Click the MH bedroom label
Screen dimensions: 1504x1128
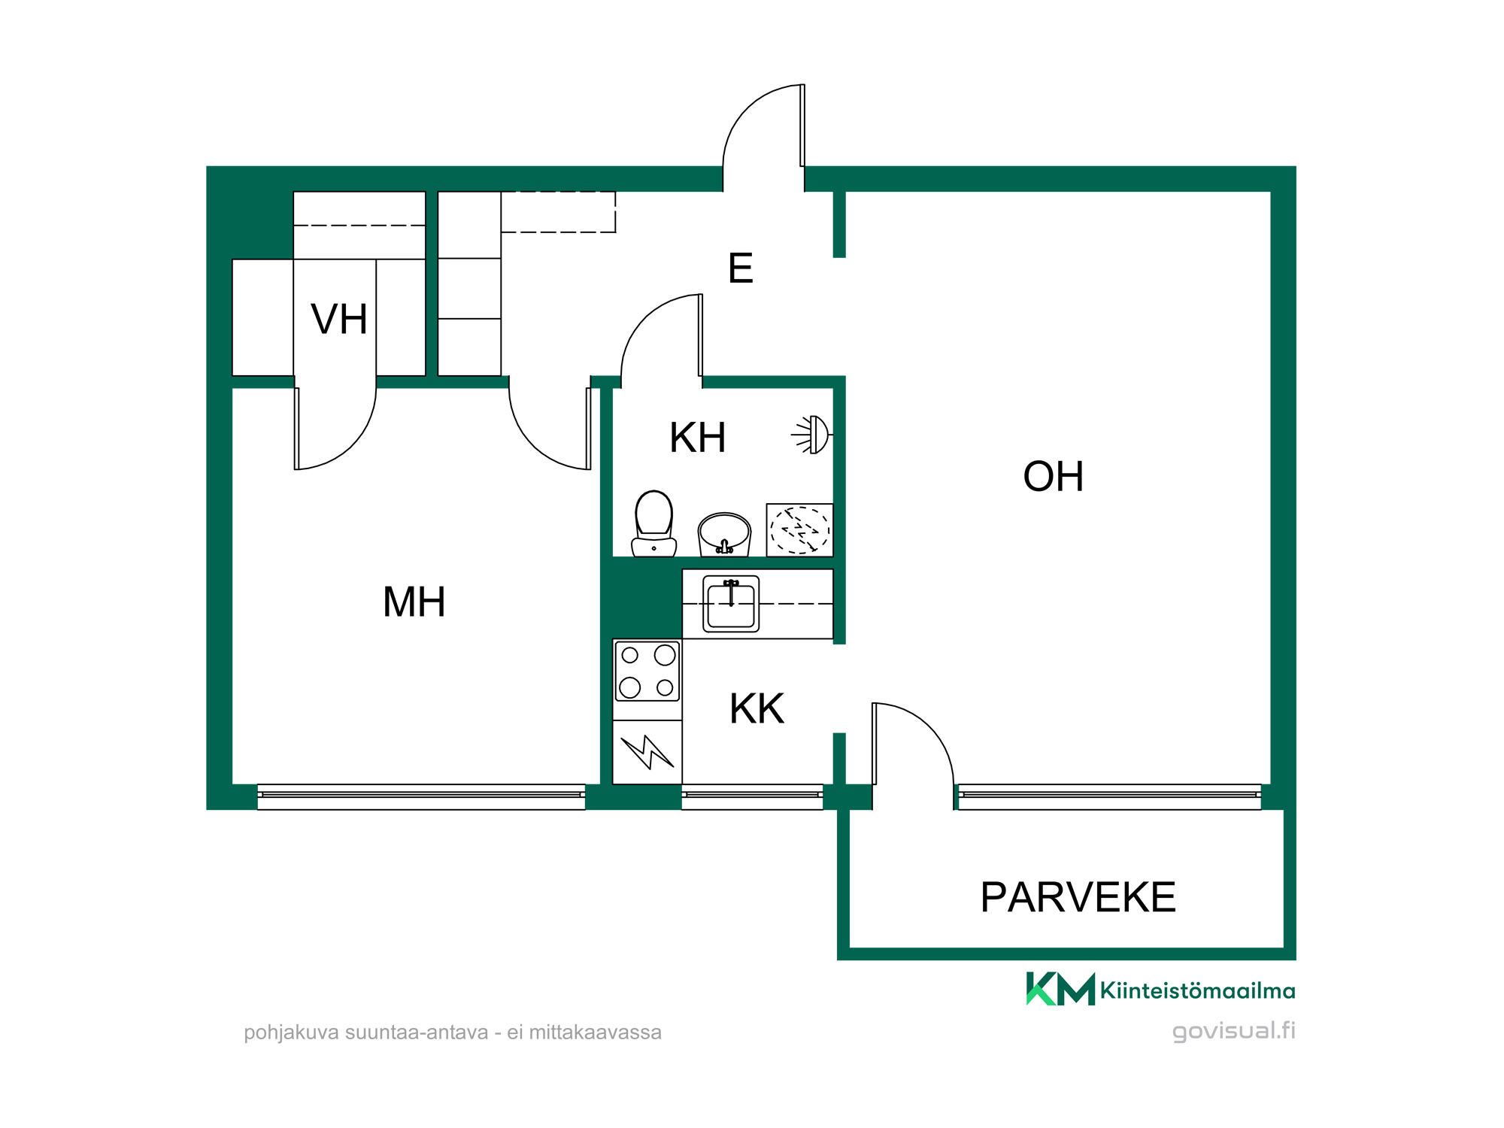(414, 602)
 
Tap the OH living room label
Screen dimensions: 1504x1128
(1054, 477)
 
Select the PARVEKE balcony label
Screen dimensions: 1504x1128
(1078, 897)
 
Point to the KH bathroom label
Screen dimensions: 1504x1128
(698, 438)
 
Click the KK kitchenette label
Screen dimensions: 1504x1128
(757, 709)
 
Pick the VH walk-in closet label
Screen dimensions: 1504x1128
(339, 320)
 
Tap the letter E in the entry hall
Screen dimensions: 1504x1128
(741, 268)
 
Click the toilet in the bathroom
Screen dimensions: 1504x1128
(653, 523)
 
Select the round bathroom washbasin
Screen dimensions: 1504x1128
(724, 534)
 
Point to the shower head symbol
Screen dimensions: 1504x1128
(812, 435)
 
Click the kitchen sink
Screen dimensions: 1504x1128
(731, 604)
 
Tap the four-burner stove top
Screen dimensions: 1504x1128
(647, 672)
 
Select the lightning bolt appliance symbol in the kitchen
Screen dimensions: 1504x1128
(647, 752)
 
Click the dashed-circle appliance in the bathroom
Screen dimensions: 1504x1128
(799, 530)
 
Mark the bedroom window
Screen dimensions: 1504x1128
(421, 796)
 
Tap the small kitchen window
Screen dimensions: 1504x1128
(752, 796)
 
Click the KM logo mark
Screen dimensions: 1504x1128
(1060, 988)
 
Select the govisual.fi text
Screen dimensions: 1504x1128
(1234, 1031)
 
